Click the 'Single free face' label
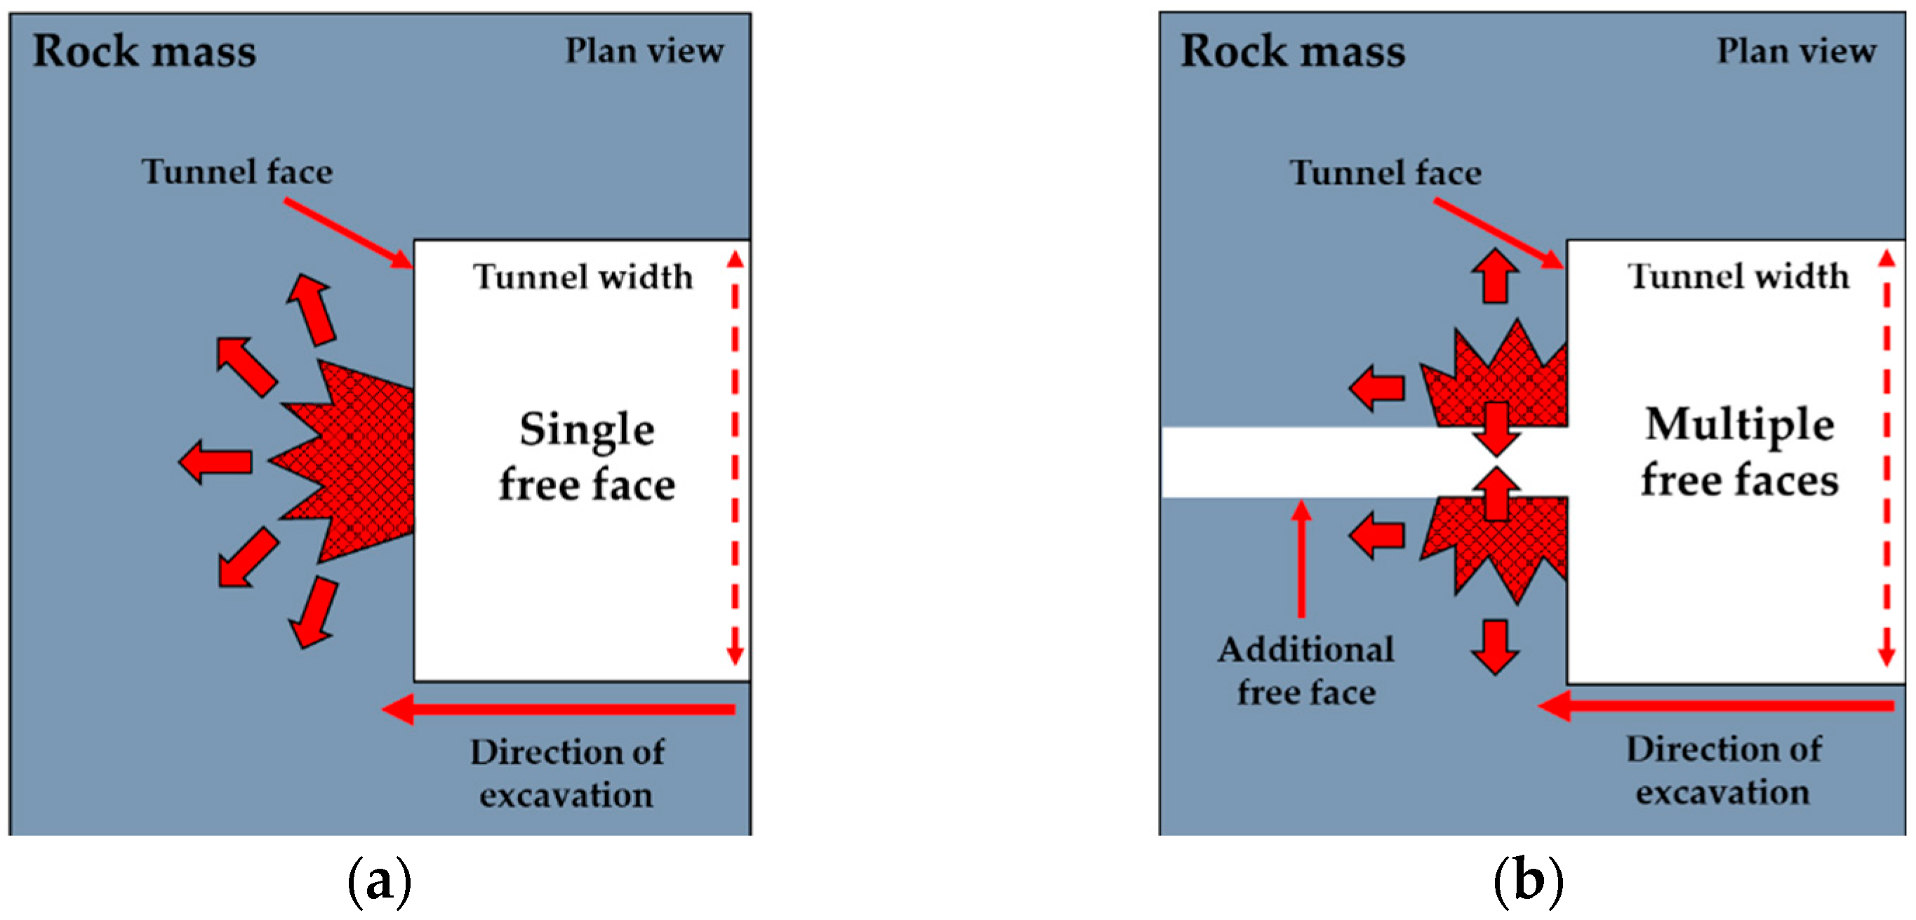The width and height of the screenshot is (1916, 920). click(586, 457)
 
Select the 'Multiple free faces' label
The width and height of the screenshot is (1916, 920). click(1739, 451)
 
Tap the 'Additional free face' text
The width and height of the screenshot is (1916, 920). click(1306, 670)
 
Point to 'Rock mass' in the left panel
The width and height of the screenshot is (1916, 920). click(145, 51)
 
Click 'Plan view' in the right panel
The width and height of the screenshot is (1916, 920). click(1795, 51)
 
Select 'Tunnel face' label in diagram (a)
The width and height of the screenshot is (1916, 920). click(237, 172)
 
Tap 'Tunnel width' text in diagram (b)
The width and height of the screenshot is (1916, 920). click(1738, 276)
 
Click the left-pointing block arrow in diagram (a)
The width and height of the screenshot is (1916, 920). click(215, 461)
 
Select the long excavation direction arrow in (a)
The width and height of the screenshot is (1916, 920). click(558, 709)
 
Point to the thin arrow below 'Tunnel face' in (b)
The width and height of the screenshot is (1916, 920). click(1498, 233)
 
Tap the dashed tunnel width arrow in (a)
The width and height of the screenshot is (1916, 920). click(735, 458)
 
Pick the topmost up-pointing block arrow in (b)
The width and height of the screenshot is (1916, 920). click(1495, 275)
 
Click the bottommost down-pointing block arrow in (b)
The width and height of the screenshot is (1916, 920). click(1495, 646)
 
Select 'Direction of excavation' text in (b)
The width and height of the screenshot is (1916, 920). click(1724, 770)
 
